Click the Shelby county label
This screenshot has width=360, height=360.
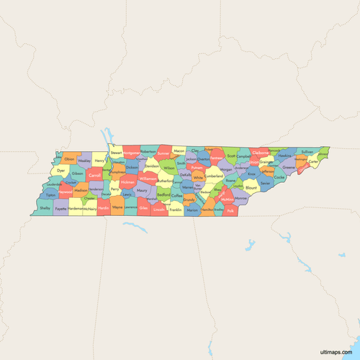tap(45, 208)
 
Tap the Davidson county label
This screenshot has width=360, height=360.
tap(151, 166)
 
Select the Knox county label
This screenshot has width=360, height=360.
tap(251, 174)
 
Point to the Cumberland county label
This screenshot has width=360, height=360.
tap(214, 176)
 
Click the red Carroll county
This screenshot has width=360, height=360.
tap(94, 175)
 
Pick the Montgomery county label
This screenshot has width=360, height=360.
tap(131, 153)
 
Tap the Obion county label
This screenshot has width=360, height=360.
tap(69, 158)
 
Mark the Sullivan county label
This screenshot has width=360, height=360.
tap(307, 152)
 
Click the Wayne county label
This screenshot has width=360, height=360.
tap(117, 207)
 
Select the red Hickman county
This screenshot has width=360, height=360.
tap(127, 183)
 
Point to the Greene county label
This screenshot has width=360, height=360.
tap(289, 167)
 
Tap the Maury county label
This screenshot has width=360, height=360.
tap(142, 191)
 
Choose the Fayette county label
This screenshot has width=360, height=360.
tap(61, 208)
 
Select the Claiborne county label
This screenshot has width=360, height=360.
tap(261, 153)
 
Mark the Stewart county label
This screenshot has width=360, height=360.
tap(116, 153)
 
